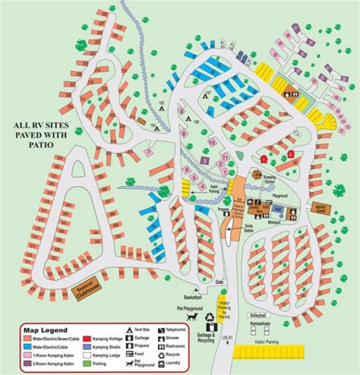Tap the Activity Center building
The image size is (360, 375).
coord(320,208)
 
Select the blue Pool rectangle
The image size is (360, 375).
coord(278,210)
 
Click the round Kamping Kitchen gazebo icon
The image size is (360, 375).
coord(257,174)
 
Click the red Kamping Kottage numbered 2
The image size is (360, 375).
coord(290,153)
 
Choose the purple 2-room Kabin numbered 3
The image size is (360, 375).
coord(204,160)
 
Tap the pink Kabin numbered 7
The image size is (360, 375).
coord(148,151)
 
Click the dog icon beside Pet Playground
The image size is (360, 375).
coord(192,318)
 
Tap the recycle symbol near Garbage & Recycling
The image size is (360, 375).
coord(210,317)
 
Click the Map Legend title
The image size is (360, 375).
coord(47,330)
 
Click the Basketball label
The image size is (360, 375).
coord(192,297)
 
